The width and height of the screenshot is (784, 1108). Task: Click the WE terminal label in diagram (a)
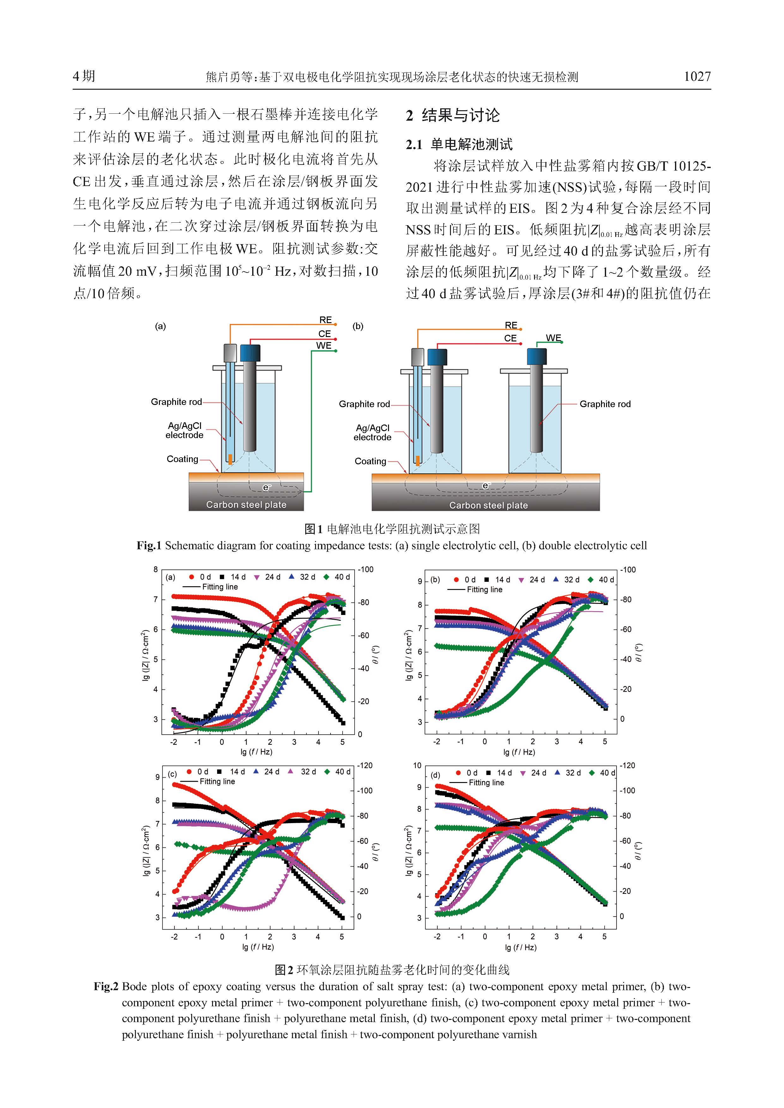[324, 346]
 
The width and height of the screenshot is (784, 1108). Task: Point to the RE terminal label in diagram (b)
[511, 325]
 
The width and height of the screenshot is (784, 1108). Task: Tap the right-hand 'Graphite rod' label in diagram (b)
[605, 404]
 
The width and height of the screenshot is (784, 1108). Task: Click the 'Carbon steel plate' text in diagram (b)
[489, 505]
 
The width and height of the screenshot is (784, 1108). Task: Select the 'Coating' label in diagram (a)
[182, 459]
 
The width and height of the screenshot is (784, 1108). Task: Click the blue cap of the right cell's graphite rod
[537, 357]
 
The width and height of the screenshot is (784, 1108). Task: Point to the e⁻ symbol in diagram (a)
[265, 487]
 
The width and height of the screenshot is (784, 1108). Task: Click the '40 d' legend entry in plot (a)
[337, 577]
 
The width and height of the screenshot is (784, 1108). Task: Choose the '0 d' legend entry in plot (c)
[198, 772]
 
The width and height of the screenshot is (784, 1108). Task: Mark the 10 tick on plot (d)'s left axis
[417, 765]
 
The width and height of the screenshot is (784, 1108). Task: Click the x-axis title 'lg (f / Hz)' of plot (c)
[258, 947]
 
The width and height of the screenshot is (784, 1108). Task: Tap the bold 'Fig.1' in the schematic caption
[149, 545]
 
